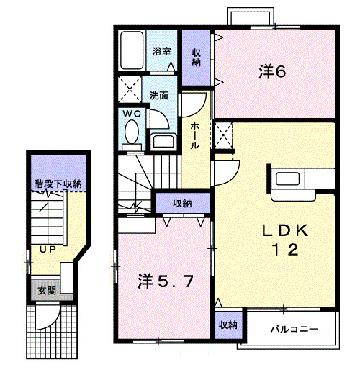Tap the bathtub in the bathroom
[x=132, y=50]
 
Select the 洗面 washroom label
[x=159, y=94]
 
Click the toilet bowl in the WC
[x=132, y=132]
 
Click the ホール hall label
[x=196, y=135]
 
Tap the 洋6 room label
[x=272, y=72]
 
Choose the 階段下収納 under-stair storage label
[x=57, y=184]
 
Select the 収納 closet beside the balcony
[x=228, y=325]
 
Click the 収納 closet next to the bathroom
[x=196, y=57]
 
